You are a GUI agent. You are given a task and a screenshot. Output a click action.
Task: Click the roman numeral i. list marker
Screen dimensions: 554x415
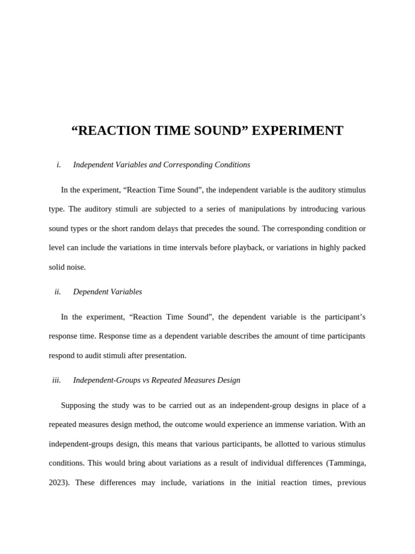(x=58, y=165)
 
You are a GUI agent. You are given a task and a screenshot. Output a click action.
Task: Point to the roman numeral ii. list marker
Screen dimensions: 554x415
(x=58, y=292)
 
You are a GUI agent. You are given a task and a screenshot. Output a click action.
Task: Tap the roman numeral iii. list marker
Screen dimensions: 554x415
(x=57, y=380)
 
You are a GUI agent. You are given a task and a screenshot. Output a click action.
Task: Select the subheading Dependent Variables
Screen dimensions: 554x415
(x=108, y=292)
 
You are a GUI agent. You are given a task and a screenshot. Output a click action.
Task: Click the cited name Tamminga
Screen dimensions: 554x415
(x=346, y=464)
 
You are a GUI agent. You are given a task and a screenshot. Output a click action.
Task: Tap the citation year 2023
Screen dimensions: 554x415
(x=58, y=483)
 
